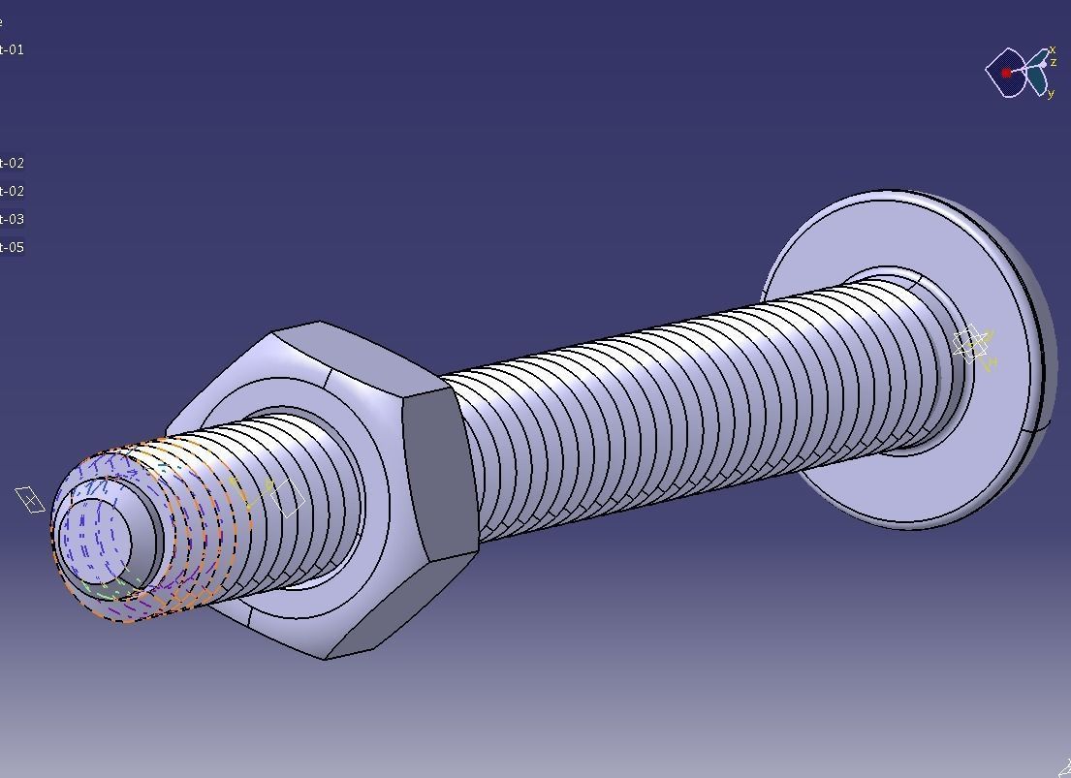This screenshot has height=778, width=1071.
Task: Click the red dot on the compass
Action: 1007,73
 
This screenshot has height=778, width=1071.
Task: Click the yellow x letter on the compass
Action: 1053,49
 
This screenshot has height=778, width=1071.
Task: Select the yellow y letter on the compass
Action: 1051,94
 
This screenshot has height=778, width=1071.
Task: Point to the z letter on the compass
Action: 1054,62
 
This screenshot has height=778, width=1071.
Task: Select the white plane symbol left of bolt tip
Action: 30,500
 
